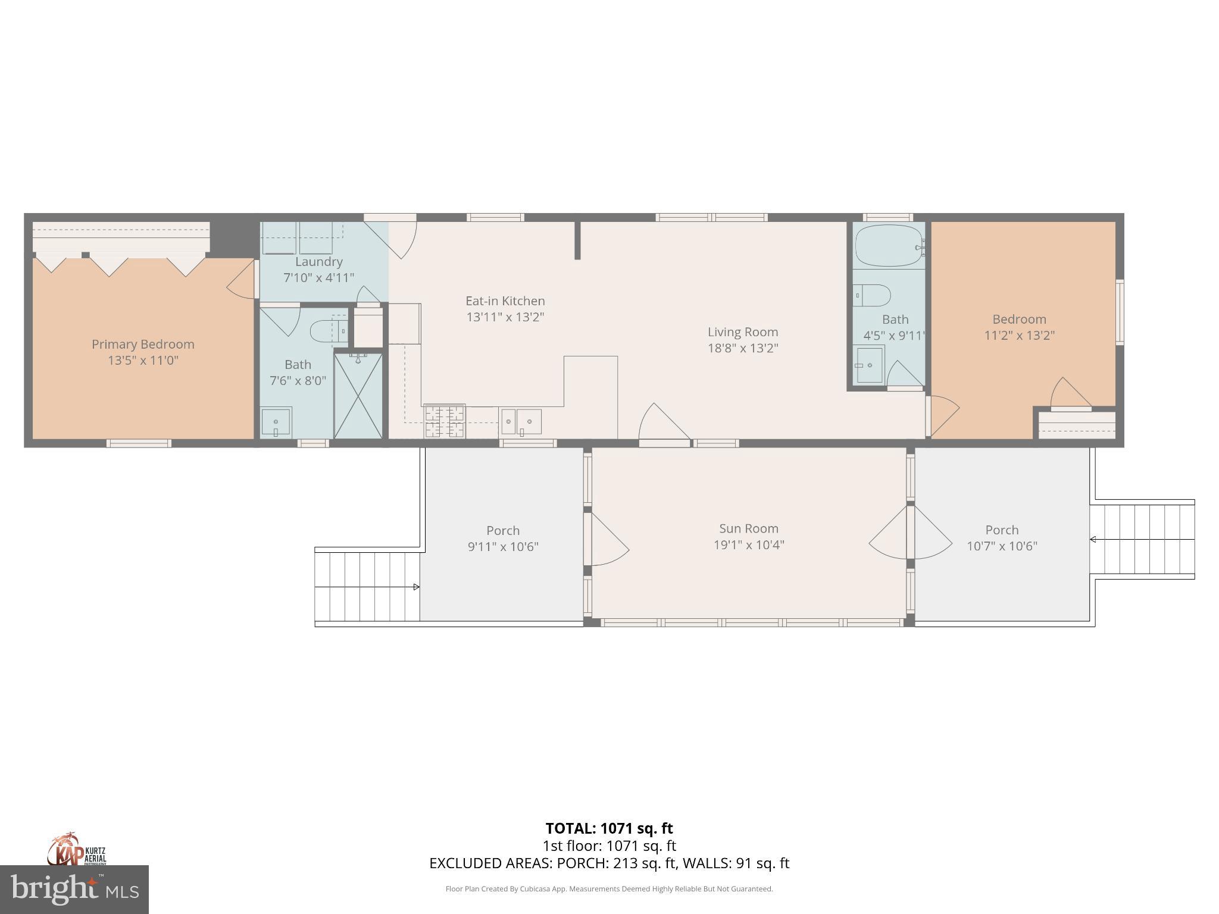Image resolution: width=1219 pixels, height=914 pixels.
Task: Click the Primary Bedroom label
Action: point(143,344)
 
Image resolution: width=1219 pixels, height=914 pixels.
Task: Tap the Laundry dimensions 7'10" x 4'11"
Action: point(318,277)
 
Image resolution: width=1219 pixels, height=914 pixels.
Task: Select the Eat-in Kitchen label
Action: point(505,301)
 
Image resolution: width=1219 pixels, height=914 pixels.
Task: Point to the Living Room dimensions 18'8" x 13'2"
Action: point(742,348)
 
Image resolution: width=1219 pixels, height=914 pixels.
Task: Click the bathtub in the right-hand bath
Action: point(889,246)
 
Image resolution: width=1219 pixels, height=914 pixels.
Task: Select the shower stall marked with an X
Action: point(358,396)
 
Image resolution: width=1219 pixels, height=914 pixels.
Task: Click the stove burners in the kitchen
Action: point(444,421)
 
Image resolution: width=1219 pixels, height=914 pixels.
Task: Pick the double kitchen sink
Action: point(521,422)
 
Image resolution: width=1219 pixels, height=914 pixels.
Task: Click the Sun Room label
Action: point(748,528)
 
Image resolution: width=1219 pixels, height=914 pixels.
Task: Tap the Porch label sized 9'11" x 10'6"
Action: point(503,530)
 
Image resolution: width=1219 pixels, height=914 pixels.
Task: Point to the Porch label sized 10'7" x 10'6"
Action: point(1002,530)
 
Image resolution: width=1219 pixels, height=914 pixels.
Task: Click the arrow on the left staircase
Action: point(417,587)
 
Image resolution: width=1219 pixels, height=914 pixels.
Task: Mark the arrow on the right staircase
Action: point(1093,540)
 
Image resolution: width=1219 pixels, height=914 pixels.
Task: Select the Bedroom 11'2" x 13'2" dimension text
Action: point(1019,335)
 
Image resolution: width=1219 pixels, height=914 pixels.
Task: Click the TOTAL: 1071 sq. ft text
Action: point(609,828)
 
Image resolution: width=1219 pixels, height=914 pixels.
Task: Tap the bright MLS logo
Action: point(74,890)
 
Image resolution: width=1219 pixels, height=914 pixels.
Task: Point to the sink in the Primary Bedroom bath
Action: point(276,422)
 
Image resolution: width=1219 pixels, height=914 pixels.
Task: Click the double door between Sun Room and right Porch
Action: point(909,533)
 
